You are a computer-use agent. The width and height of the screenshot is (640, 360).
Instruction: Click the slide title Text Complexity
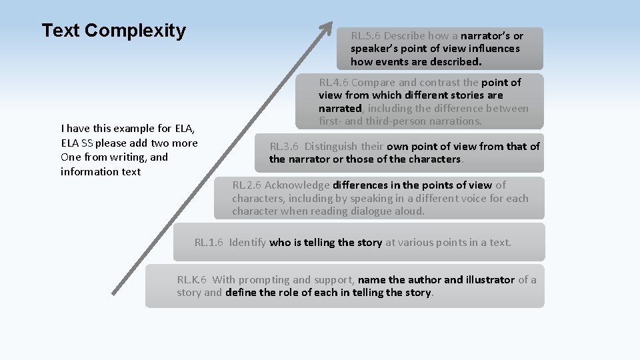point(113,31)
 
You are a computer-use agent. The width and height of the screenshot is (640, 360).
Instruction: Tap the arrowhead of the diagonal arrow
point(327,28)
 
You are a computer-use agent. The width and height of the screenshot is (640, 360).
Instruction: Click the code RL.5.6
point(366,36)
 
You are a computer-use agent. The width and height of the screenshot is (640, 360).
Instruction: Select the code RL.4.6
point(333,83)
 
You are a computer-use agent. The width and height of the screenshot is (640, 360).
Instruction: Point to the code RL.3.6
point(284,147)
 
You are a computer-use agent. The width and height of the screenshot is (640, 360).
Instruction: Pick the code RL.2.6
point(247,185)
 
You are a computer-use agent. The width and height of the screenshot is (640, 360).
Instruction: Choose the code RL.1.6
point(209,243)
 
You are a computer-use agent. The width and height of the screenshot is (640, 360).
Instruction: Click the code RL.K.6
point(191,280)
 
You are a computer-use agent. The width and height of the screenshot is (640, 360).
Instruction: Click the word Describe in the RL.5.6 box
point(405,36)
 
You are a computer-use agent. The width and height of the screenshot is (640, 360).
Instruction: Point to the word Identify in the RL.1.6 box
point(248,243)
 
